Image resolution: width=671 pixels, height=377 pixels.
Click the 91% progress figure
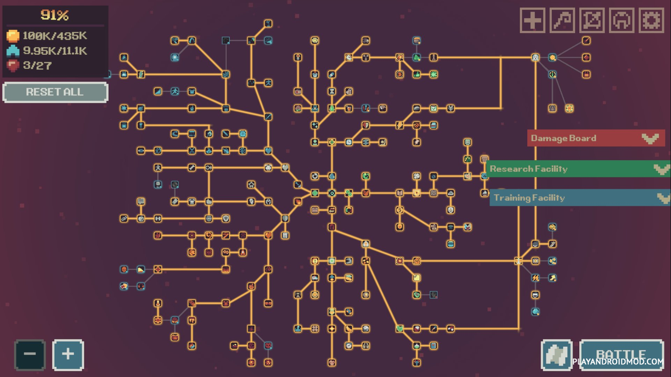point(54,15)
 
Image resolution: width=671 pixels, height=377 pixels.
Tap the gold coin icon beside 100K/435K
point(13,36)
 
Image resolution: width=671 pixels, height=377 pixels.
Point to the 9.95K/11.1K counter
point(55,51)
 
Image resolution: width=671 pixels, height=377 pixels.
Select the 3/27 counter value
point(37,65)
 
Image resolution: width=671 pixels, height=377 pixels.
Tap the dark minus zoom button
point(30,355)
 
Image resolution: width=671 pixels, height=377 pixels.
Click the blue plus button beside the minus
point(68,355)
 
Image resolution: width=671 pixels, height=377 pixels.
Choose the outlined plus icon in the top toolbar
point(532,20)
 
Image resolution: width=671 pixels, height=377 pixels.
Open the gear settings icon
point(651,20)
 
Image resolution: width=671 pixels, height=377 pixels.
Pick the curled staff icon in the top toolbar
point(562,20)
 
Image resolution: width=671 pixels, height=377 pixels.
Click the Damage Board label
point(563,138)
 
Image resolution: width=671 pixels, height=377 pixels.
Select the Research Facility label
point(528,169)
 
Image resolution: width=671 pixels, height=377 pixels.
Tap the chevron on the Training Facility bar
point(663,198)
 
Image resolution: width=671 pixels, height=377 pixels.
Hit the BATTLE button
point(622,355)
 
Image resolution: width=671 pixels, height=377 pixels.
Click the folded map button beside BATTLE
point(557,355)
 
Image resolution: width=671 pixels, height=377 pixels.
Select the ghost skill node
point(535,57)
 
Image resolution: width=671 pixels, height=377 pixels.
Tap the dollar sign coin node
point(399,210)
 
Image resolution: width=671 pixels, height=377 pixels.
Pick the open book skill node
point(399,193)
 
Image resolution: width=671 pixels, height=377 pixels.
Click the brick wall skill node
point(433,193)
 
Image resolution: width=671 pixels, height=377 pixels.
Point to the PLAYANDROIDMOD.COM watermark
point(618,362)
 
